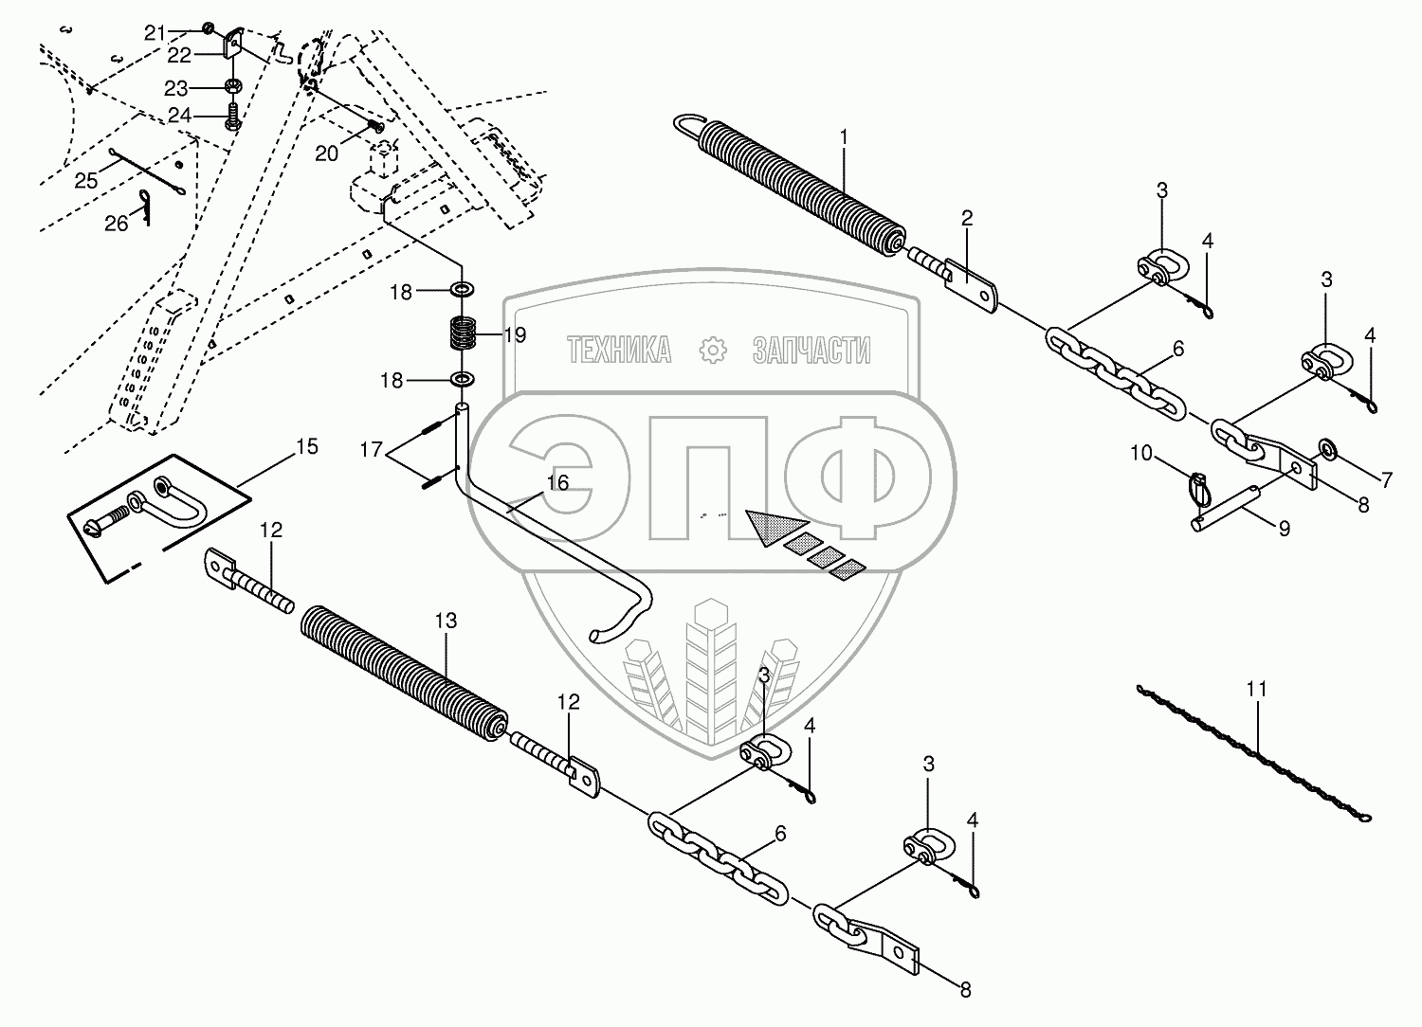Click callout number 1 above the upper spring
point(843,137)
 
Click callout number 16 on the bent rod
point(557,483)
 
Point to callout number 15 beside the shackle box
point(307,446)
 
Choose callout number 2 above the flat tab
point(966,219)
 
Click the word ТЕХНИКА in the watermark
point(620,351)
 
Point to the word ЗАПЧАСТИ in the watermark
point(811,351)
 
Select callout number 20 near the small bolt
point(327,153)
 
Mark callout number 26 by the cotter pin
point(117,224)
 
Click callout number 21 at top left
point(155,32)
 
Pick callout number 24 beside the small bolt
point(179,116)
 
